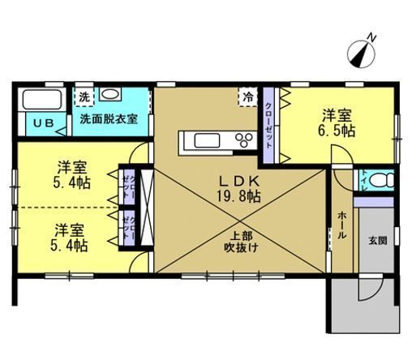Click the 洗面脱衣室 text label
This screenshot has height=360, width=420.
(109, 118)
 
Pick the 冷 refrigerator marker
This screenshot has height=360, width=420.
(247, 97)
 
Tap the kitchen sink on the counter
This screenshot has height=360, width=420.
(201, 140)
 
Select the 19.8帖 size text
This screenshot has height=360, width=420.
(236, 196)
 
